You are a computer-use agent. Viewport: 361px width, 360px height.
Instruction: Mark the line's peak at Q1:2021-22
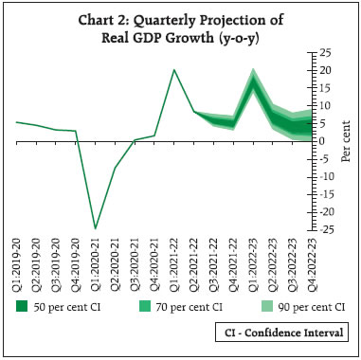(x=173, y=69)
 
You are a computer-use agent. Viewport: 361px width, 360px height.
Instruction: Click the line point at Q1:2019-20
(x=16, y=122)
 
